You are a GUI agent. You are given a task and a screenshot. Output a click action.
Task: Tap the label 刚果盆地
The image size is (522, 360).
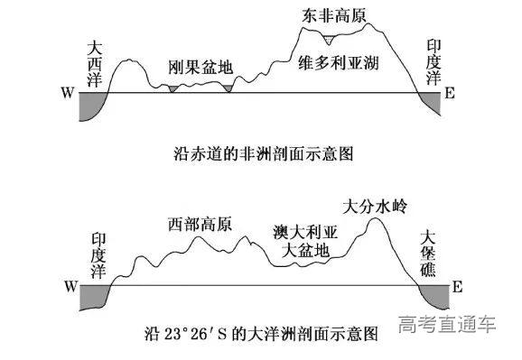coord(200,68)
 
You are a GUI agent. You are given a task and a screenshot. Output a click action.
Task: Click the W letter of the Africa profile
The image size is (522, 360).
coord(66,93)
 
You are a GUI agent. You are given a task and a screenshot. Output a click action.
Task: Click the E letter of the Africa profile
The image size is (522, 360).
coord(449,93)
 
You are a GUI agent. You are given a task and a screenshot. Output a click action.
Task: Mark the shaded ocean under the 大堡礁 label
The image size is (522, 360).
coord(435,294)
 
